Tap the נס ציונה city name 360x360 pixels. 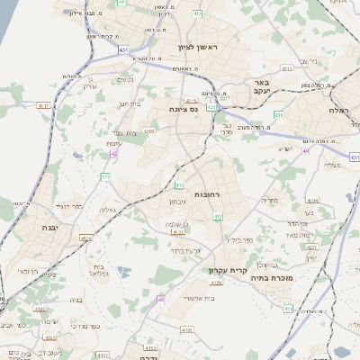pos(183,109)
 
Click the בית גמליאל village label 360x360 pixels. pos(101,270)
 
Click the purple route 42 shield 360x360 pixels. pos(114,155)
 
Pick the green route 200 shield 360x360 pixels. pos(279,115)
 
